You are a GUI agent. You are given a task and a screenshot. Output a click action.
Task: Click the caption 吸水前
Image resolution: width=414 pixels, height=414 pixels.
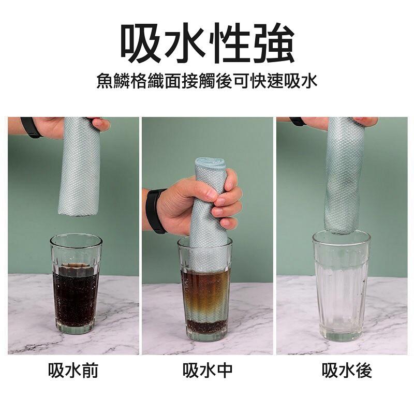pyautogui.click(x=73, y=371)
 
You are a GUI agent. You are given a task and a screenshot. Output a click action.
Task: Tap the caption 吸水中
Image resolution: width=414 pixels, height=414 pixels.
pyautogui.click(x=207, y=371)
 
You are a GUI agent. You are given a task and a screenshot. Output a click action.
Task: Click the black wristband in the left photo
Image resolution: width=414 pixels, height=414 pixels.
pyautogui.click(x=31, y=127)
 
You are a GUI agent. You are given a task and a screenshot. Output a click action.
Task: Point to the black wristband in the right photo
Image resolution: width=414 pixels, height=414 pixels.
pyautogui.click(x=298, y=122)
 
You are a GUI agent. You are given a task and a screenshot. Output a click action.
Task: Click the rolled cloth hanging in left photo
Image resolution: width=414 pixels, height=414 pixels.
pyautogui.click(x=79, y=166)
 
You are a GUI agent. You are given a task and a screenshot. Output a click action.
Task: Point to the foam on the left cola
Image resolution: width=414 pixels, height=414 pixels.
pyautogui.click(x=76, y=270)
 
